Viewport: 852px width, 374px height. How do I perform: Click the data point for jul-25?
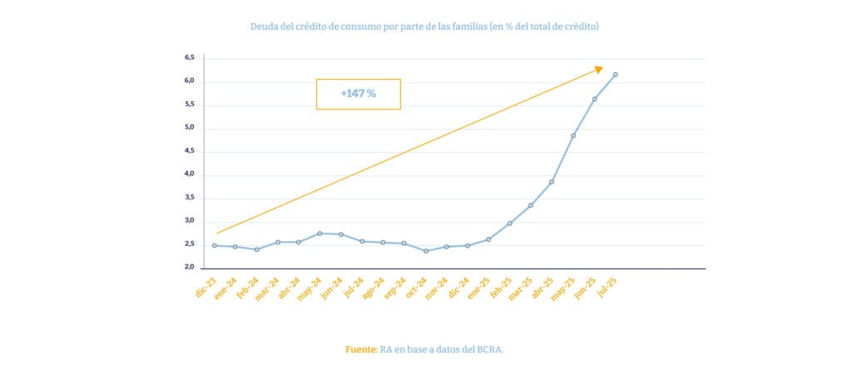[615, 75]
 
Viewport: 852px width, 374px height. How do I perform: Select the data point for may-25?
[573, 135]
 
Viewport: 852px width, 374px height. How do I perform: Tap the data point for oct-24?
[426, 251]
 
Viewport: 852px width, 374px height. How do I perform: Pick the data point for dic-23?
[215, 245]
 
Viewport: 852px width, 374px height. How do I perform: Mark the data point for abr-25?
[552, 182]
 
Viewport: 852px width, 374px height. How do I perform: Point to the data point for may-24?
[319, 234]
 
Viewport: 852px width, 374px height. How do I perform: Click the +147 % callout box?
[358, 94]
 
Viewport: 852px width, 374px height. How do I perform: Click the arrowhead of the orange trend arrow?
[598, 70]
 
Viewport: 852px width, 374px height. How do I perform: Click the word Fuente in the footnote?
[361, 349]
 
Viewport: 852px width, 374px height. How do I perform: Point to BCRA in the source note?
[488, 349]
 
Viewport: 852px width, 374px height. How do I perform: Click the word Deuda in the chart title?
[265, 27]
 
